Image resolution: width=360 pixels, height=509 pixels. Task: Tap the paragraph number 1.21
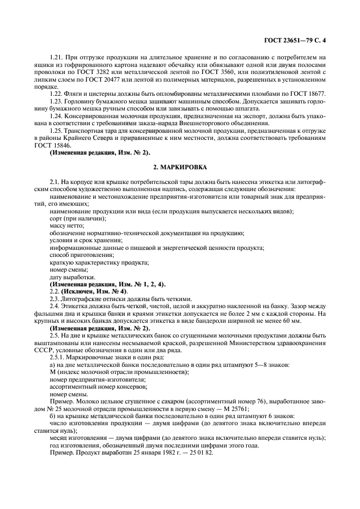57,57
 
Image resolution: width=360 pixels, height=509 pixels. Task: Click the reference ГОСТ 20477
104,80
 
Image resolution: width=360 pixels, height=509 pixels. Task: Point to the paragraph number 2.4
55,307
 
